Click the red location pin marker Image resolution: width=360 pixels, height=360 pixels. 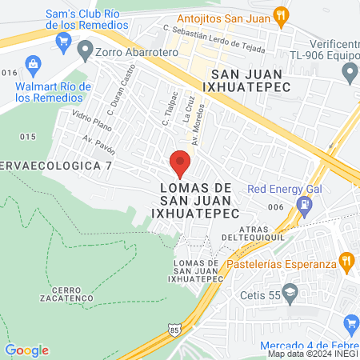[181, 163]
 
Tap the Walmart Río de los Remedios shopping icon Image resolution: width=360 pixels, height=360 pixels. [34, 63]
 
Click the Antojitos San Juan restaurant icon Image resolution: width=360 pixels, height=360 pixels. [280, 14]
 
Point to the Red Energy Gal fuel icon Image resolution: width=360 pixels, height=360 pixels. [304, 206]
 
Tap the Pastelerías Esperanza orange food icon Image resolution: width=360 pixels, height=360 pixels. [346, 260]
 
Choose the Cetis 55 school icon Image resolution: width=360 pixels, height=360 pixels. [290, 294]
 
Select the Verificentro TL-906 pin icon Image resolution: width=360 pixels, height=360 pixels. [349, 74]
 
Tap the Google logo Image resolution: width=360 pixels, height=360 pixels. [26, 350]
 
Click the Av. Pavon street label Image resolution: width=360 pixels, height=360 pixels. [99, 145]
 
